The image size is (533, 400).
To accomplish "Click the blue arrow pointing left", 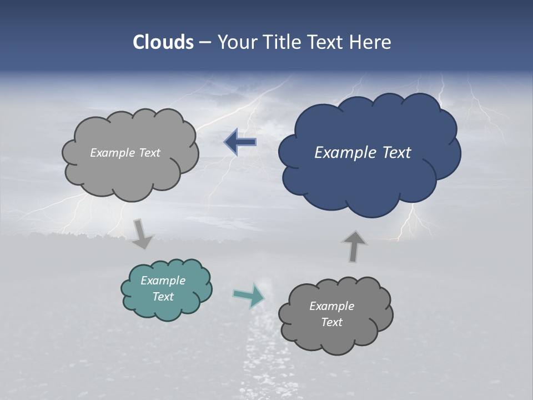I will click(240, 142).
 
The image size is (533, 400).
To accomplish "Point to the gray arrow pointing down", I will click(142, 234).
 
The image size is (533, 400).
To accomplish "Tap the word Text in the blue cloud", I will click(396, 153).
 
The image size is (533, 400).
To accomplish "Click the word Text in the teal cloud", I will click(163, 297).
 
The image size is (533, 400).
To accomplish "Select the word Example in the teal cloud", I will click(163, 281).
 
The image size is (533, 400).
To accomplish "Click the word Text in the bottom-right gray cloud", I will click(331, 322).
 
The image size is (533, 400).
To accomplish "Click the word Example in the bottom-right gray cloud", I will click(331, 306).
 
